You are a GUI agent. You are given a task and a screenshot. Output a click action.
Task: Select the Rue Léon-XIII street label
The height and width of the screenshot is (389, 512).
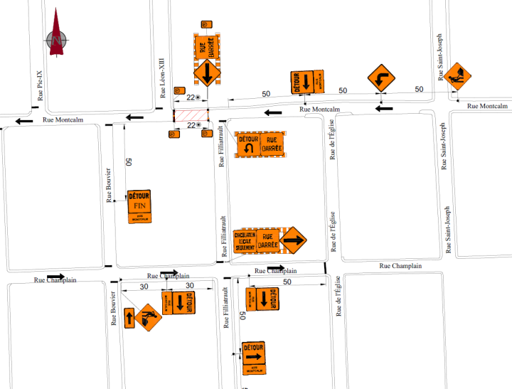tap(164, 80)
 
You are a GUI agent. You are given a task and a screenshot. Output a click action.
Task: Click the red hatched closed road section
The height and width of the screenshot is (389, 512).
tap(191, 115)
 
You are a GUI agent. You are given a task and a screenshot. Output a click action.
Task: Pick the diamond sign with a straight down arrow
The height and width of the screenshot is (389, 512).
tap(207, 73)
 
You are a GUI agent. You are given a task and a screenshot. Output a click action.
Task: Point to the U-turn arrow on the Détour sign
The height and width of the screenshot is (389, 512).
tap(249, 149)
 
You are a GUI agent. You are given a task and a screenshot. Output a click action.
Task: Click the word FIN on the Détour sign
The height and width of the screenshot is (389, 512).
tap(139, 206)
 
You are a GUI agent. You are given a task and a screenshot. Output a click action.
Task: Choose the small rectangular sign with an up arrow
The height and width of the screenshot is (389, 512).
tap(129, 317)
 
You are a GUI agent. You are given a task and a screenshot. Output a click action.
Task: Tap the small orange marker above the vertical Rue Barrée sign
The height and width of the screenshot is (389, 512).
tap(207, 25)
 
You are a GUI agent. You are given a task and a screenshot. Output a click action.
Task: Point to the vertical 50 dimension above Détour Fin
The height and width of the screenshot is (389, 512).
tap(128, 162)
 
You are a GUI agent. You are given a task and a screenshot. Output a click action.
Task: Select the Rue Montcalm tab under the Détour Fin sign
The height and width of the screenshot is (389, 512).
tap(139, 217)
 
